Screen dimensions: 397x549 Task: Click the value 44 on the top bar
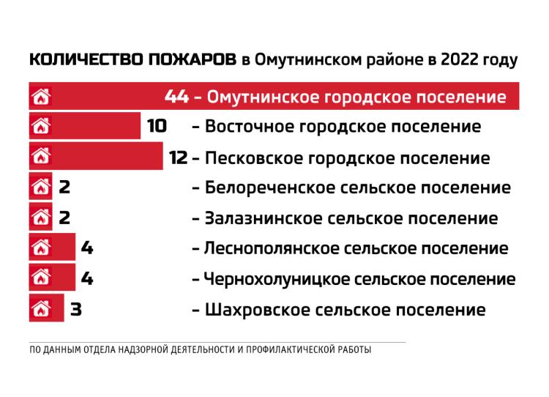click(177, 97)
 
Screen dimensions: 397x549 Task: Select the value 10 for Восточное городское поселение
click(157, 127)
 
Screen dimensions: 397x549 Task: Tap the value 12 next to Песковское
click(179, 157)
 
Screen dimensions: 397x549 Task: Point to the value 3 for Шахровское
click(75, 310)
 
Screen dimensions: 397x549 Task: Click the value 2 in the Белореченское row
click(64, 188)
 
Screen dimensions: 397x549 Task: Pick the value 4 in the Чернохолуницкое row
click(87, 279)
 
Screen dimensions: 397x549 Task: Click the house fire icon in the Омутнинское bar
click(41, 97)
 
